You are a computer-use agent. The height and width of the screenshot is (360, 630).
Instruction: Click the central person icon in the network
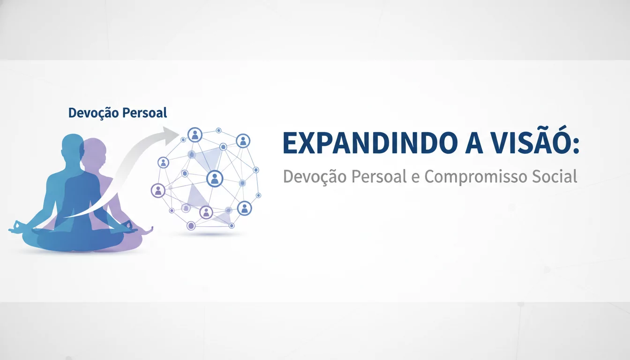pyautogui.click(x=215, y=178)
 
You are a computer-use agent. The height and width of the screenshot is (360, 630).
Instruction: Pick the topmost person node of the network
pyautogui.click(x=195, y=135)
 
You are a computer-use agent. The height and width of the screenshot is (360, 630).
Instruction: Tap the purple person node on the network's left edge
pyautogui.click(x=158, y=190)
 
